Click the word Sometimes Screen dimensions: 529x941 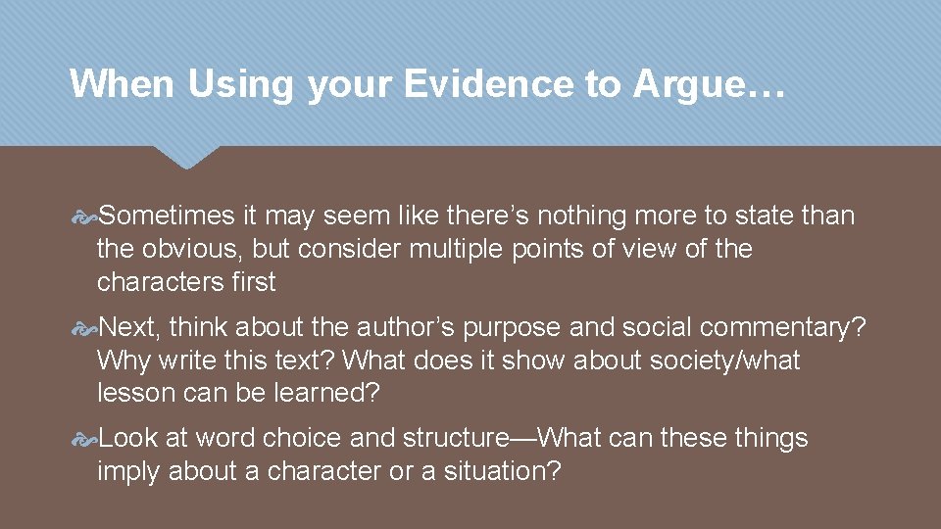click(168, 216)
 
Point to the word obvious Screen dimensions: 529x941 click(191, 249)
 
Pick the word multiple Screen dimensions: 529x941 click(456, 249)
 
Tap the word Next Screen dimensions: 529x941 click(130, 327)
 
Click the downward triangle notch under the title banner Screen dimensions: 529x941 click(187, 157)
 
